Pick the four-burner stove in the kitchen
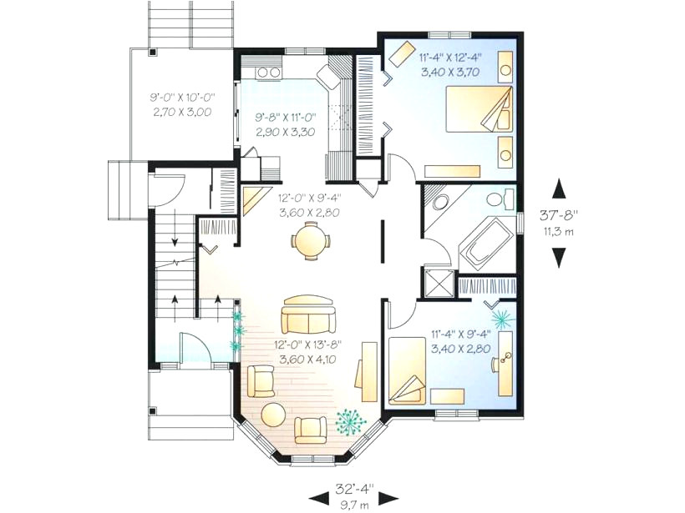(x=268, y=73)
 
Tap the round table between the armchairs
(x=273, y=415)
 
